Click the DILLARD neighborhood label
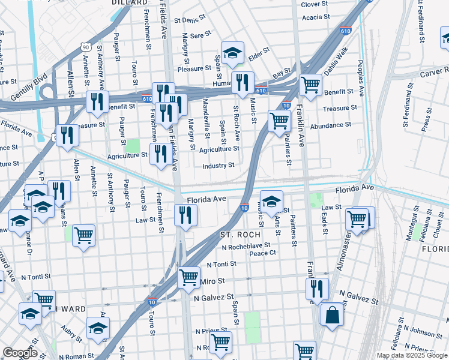click(x=130, y=3)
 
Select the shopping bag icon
click(x=331, y=314)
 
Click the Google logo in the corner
click(x=20, y=353)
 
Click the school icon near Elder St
click(x=232, y=53)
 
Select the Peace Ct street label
click(x=262, y=253)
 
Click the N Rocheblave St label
click(x=246, y=246)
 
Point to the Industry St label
click(x=218, y=166)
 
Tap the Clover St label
click(x=314, y=4)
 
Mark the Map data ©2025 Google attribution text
click(x=412, y=355)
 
